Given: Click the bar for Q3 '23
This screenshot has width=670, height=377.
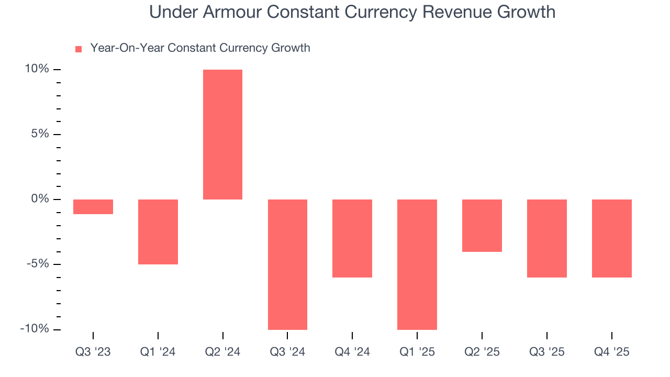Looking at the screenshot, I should [x=93, y=207].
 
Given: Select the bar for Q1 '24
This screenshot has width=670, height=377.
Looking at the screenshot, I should [x=158, y=231].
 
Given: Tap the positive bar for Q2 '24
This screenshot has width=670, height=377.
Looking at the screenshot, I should [x=222, y=135].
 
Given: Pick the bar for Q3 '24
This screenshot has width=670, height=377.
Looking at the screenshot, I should [x=287, y=264].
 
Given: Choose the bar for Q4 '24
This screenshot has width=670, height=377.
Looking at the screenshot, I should [x=352, y=238].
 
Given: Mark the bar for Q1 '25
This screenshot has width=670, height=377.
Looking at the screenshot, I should [x=417, y=264].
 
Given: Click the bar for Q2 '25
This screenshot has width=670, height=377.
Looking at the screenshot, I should [x=482, y=226].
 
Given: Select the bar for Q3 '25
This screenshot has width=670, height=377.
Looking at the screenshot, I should [x=547, y=238].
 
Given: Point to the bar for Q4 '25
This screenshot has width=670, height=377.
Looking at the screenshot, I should [x=612, y=238].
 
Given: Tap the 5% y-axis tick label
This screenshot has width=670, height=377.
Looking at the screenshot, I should [x=40, y=134].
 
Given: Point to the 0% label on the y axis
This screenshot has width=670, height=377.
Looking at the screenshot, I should [x=40, y=199].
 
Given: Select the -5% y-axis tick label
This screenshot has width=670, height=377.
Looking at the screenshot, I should [x=38, y=264].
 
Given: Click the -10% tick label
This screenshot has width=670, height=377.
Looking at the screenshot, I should [x=35, y=329].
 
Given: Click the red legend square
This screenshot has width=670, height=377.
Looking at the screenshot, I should [x=79, y=49].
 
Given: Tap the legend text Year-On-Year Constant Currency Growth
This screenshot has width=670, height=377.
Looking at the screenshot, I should [x=200, y=48].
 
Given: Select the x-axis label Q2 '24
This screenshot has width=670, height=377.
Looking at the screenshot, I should [x=222, y=352].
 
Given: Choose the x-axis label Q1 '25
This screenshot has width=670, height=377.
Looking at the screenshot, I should [x=417, y=352].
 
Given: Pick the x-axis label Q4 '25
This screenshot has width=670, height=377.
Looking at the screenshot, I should [x=612, y=352].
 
